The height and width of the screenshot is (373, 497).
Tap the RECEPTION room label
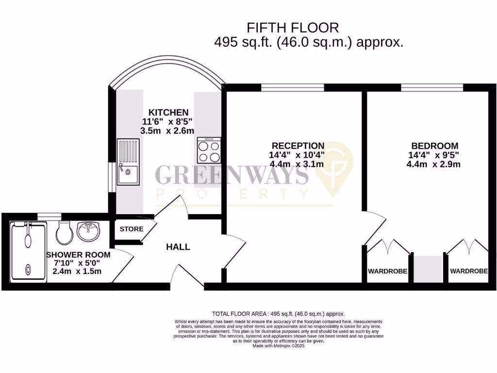(298, 146)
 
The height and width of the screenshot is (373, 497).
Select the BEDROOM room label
(434, 146)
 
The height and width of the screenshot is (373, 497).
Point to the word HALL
(178, 247)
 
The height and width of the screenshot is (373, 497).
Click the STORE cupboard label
(132, 229)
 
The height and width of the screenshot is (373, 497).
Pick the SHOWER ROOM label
(78, 254)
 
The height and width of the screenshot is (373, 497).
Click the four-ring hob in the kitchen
(209, 150)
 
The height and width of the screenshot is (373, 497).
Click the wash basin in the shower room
(88, 231)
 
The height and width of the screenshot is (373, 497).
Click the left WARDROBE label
(387, 271)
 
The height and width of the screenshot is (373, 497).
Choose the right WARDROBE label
(468, 271)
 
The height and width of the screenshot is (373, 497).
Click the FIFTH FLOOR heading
(293, 27)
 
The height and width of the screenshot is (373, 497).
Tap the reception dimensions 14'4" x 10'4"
(297, 155)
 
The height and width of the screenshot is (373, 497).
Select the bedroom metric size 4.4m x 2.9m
(433, 164)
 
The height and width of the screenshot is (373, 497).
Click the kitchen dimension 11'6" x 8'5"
(168, 121)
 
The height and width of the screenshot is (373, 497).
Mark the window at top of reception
(293, 87)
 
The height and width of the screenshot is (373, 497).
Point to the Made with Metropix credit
(279, 345)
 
